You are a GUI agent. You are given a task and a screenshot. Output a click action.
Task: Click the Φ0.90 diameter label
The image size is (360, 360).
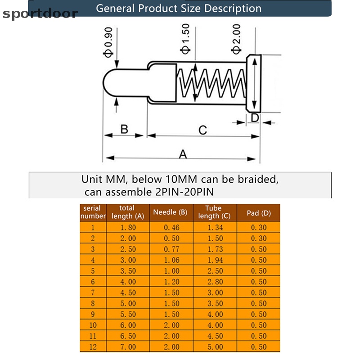[108, 42]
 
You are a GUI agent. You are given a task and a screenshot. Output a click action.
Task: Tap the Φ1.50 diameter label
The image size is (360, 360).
[185, 39]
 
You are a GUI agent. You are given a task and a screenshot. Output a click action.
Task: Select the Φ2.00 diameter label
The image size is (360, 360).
[237, 39]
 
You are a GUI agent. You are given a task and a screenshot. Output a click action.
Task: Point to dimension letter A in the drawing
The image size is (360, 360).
[183, 154]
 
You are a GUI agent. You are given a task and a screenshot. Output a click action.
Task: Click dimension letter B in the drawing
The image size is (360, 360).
[124, 129]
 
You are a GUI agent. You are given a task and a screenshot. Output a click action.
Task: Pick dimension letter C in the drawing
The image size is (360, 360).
[203, 130]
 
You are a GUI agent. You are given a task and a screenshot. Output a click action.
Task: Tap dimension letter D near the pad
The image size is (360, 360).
[255, 118]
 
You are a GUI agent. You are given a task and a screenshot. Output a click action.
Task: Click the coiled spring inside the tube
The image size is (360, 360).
[211, 83]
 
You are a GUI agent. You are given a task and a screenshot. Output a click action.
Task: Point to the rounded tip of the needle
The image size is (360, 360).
[106, 83]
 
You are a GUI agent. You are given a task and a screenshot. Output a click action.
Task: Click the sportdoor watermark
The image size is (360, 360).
[40, 13]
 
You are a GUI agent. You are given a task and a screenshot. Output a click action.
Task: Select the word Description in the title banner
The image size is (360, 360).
[233, 9]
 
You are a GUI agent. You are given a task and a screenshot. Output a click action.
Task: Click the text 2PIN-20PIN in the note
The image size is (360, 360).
[184, 192]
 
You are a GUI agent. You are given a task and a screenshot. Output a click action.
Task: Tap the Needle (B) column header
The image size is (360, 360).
[171, 212]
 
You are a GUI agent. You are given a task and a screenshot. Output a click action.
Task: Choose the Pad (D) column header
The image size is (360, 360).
[259, 213]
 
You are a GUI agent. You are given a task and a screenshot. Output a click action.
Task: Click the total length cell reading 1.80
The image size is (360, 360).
[128, 228]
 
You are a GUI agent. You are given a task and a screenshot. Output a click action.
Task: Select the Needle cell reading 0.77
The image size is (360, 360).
[171, 249]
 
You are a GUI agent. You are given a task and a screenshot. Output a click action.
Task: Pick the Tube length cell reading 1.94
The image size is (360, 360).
[215, 260]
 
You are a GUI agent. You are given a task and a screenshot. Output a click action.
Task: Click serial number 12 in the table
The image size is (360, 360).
[93, 347]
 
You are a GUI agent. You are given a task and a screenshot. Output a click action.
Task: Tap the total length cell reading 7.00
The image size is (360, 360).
[128, 347]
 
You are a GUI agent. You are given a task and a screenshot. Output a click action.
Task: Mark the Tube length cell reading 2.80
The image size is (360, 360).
[215, 282]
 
